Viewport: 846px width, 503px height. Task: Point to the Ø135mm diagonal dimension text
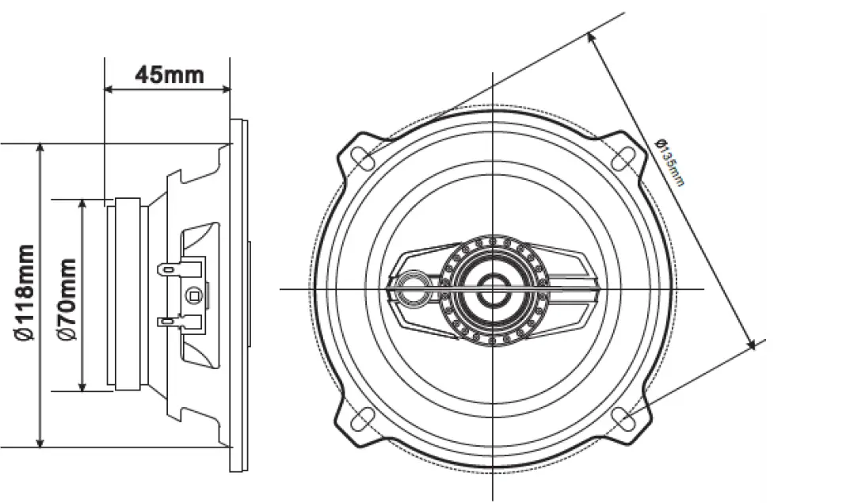[670, 162]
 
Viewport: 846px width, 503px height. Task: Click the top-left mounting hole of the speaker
[364, 157]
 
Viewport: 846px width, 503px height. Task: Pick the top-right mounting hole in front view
[624, 157]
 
